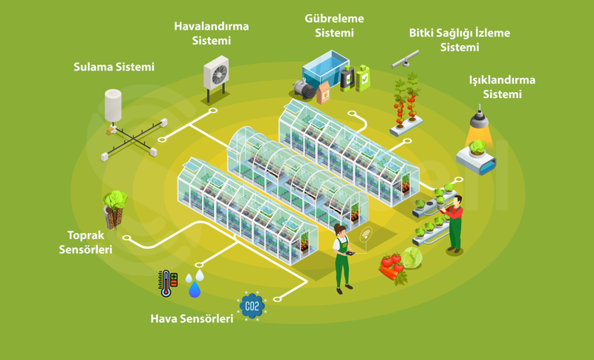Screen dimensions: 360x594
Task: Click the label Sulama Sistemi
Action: tap(114, 68)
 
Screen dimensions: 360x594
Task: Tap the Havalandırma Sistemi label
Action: tap(212, 33)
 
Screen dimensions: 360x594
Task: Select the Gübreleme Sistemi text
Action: tap(333, 25)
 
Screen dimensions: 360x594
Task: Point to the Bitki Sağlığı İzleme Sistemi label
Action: tap(460, 40)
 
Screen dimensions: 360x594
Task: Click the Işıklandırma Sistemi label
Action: tap(502, 87)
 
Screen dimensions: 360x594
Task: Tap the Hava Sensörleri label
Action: tap(192, 319)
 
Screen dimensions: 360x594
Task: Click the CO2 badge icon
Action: tap(252, 305)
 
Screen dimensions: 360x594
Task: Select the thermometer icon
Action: tap(165, 283)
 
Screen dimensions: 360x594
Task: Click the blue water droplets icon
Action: tap(195, 284)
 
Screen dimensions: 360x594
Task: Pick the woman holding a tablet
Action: tap(342, 256)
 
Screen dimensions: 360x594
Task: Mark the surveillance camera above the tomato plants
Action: tap(405, 59)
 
